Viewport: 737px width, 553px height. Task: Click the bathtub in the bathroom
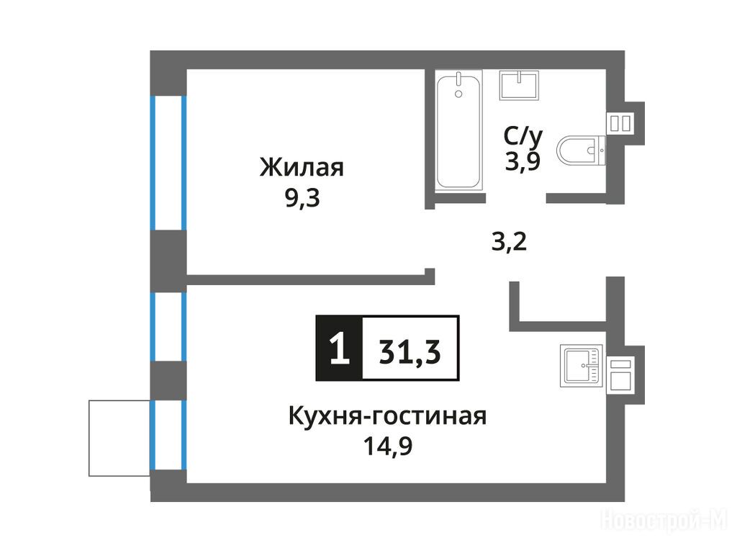(x=458, y=131)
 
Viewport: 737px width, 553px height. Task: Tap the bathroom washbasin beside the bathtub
(x=519, y=85)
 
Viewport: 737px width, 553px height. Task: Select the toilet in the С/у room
(x=581, y=150)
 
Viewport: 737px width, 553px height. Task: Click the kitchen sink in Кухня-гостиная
(x=581, y=365)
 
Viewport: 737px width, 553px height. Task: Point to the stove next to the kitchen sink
(x=620, y=374)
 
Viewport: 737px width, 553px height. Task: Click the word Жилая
(x=302, y=167)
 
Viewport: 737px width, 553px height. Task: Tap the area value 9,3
(x=302, y=199)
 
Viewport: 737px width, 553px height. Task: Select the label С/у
(x=523, y=136)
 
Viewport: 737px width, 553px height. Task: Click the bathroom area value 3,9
(x=523, y=162)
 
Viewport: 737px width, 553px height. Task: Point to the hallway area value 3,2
(x=509, y=242)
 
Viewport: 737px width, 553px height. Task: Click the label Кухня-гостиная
(x=387, y=416)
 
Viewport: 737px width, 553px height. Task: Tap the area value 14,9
(x=388, y=446)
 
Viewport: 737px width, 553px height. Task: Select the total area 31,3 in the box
(x=410, y=351)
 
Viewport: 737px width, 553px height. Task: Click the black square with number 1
(x=340, y=348)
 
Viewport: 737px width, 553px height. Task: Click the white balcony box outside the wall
(x=119, y=438)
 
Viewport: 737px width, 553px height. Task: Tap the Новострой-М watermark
(x=664, y=521)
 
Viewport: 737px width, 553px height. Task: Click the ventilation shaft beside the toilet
(x=620, y=123)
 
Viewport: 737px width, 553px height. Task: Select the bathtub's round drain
(x=458, y=94)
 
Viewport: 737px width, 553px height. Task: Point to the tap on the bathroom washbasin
(x=519, y=76)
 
